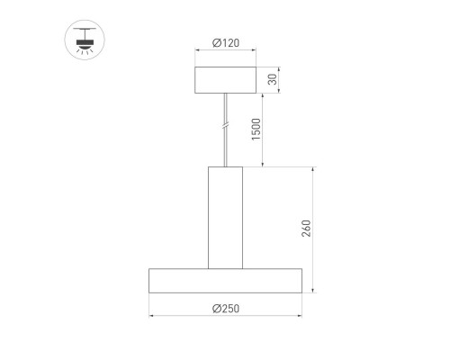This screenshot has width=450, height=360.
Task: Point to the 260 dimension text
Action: [x=306, y=229]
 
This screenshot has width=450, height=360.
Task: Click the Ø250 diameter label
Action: [x=225, y=308]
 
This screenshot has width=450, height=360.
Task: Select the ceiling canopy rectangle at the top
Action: [x=225, y=80]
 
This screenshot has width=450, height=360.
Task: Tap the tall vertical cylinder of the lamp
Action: [x=225, y=217]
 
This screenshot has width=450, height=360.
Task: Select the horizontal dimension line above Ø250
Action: [x=225, y=316]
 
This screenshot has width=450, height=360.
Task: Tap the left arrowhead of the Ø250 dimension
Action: [x=152, y=316]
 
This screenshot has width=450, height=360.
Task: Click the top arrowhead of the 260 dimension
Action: [x=312, y=170]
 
